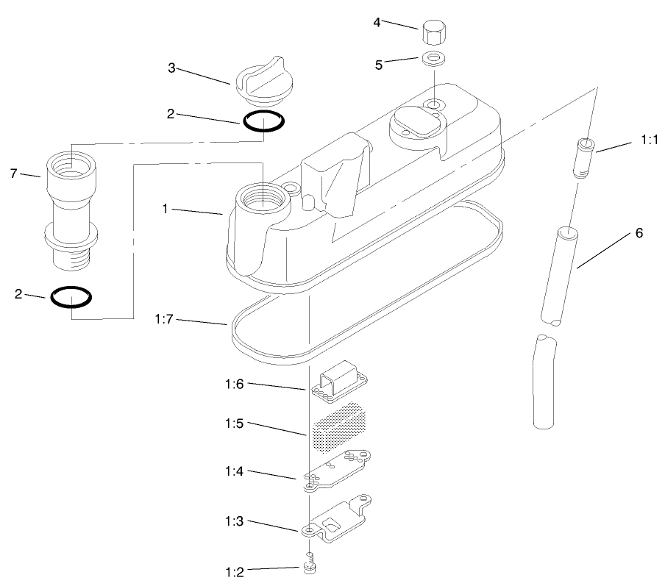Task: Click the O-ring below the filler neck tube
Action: tap(71, 296)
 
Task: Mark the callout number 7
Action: tap(13, 174)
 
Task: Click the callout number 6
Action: tap(639, 233)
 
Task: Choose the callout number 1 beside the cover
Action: tap(166, 209)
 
